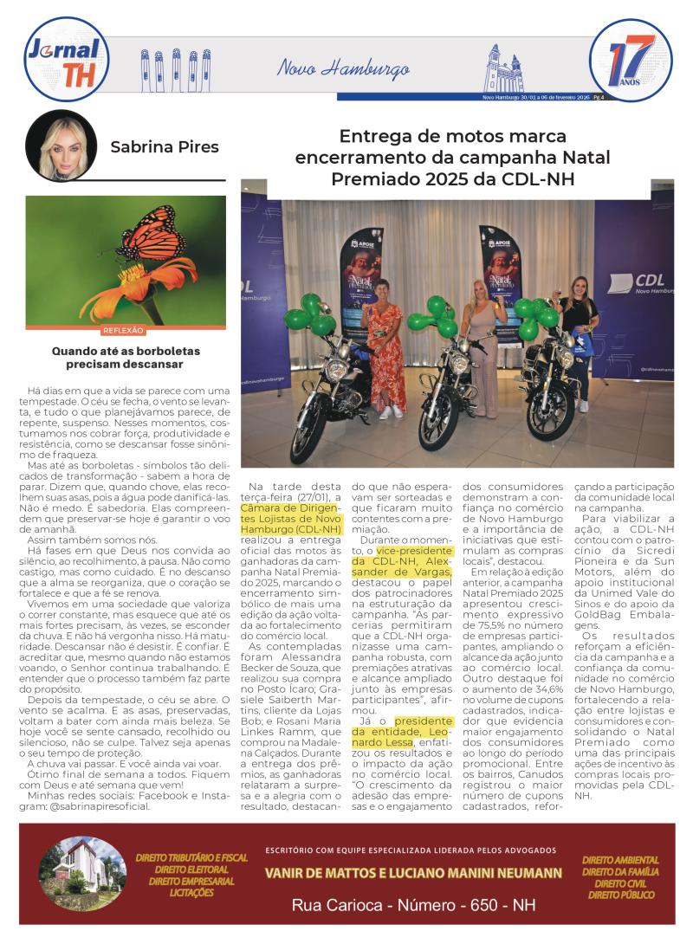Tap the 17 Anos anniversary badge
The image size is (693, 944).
pos(630,61)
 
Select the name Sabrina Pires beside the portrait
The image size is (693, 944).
pos(165,147)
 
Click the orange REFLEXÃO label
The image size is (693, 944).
pos(123,330)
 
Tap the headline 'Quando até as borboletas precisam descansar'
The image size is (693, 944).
pos(126,358)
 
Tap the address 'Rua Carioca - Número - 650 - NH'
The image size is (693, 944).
pos(414,906)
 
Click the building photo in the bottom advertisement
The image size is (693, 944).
pos(82,869)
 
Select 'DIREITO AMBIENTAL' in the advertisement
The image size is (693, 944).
pos(619,859)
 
